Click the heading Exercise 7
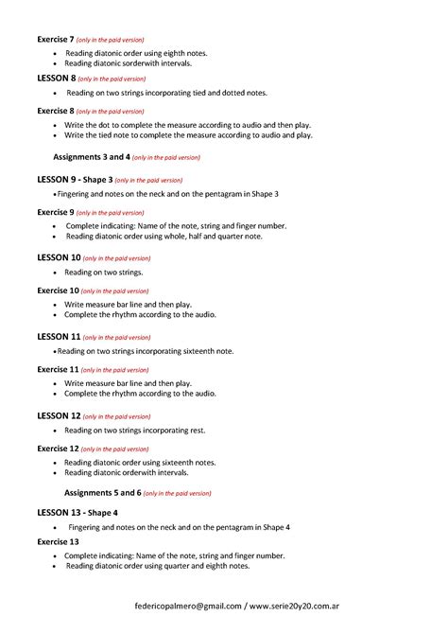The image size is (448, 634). (x=55, y=39)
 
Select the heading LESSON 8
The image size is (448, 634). (x=55, y=79)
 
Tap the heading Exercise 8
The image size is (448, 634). (x=55, y=111)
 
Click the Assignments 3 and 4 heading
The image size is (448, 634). (x=91, y=157)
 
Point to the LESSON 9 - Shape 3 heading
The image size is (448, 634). (x=75, y=179)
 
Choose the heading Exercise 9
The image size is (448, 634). (x=55, y=212)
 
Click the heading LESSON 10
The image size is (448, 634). (x=59, y=256)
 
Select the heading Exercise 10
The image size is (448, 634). (x=58, y=291)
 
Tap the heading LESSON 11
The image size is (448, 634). (x=59, y=336)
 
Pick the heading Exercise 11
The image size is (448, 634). (x=58, y=369)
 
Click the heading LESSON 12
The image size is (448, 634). (x=59, y=414)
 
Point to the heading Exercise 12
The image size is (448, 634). (x=58, y=448)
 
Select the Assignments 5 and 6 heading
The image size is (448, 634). (x=102, y=493)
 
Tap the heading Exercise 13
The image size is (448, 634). (x=58, y=541)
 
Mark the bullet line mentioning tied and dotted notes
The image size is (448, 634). (x=166, y=94)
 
